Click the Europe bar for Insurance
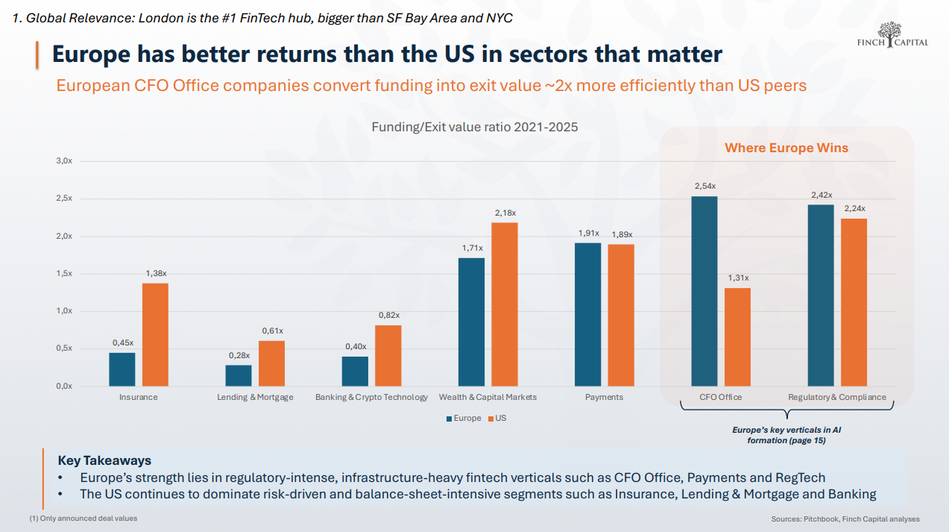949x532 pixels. pyautogui.click(x=122, y=369)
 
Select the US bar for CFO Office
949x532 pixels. pyautogui.click(x=737, y=337)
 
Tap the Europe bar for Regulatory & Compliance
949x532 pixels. pyautogui.click(x=821, y=295)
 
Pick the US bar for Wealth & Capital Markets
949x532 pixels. pyautogui.click(x=505, y=304)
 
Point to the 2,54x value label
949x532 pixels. pyautogui.click(x=704, y=186)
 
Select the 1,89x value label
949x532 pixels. pyautogui.click(x=621, y=234)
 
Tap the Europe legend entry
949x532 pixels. pyautogui.click(x=463, y=419)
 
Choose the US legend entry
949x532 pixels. pyautogui.click(x=496, y=419)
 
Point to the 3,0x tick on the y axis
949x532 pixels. pyautogui.click(x=64, y=161)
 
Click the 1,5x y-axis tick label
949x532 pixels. pyautogui.click(x=64, y=274)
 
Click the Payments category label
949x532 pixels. pyautogui.click(x=604, y=397)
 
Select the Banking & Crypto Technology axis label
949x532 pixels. pyautogui.click(x=371, y=397)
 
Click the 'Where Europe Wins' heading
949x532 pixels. pyautogui.click(x=786, y=148)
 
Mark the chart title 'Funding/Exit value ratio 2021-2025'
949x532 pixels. pyautogui.click(x=475, y=128)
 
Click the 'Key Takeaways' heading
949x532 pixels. pyautogui.click(x=104, y=460)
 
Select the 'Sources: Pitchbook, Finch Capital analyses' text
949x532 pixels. pyautogui.click(x=845, y=519)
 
